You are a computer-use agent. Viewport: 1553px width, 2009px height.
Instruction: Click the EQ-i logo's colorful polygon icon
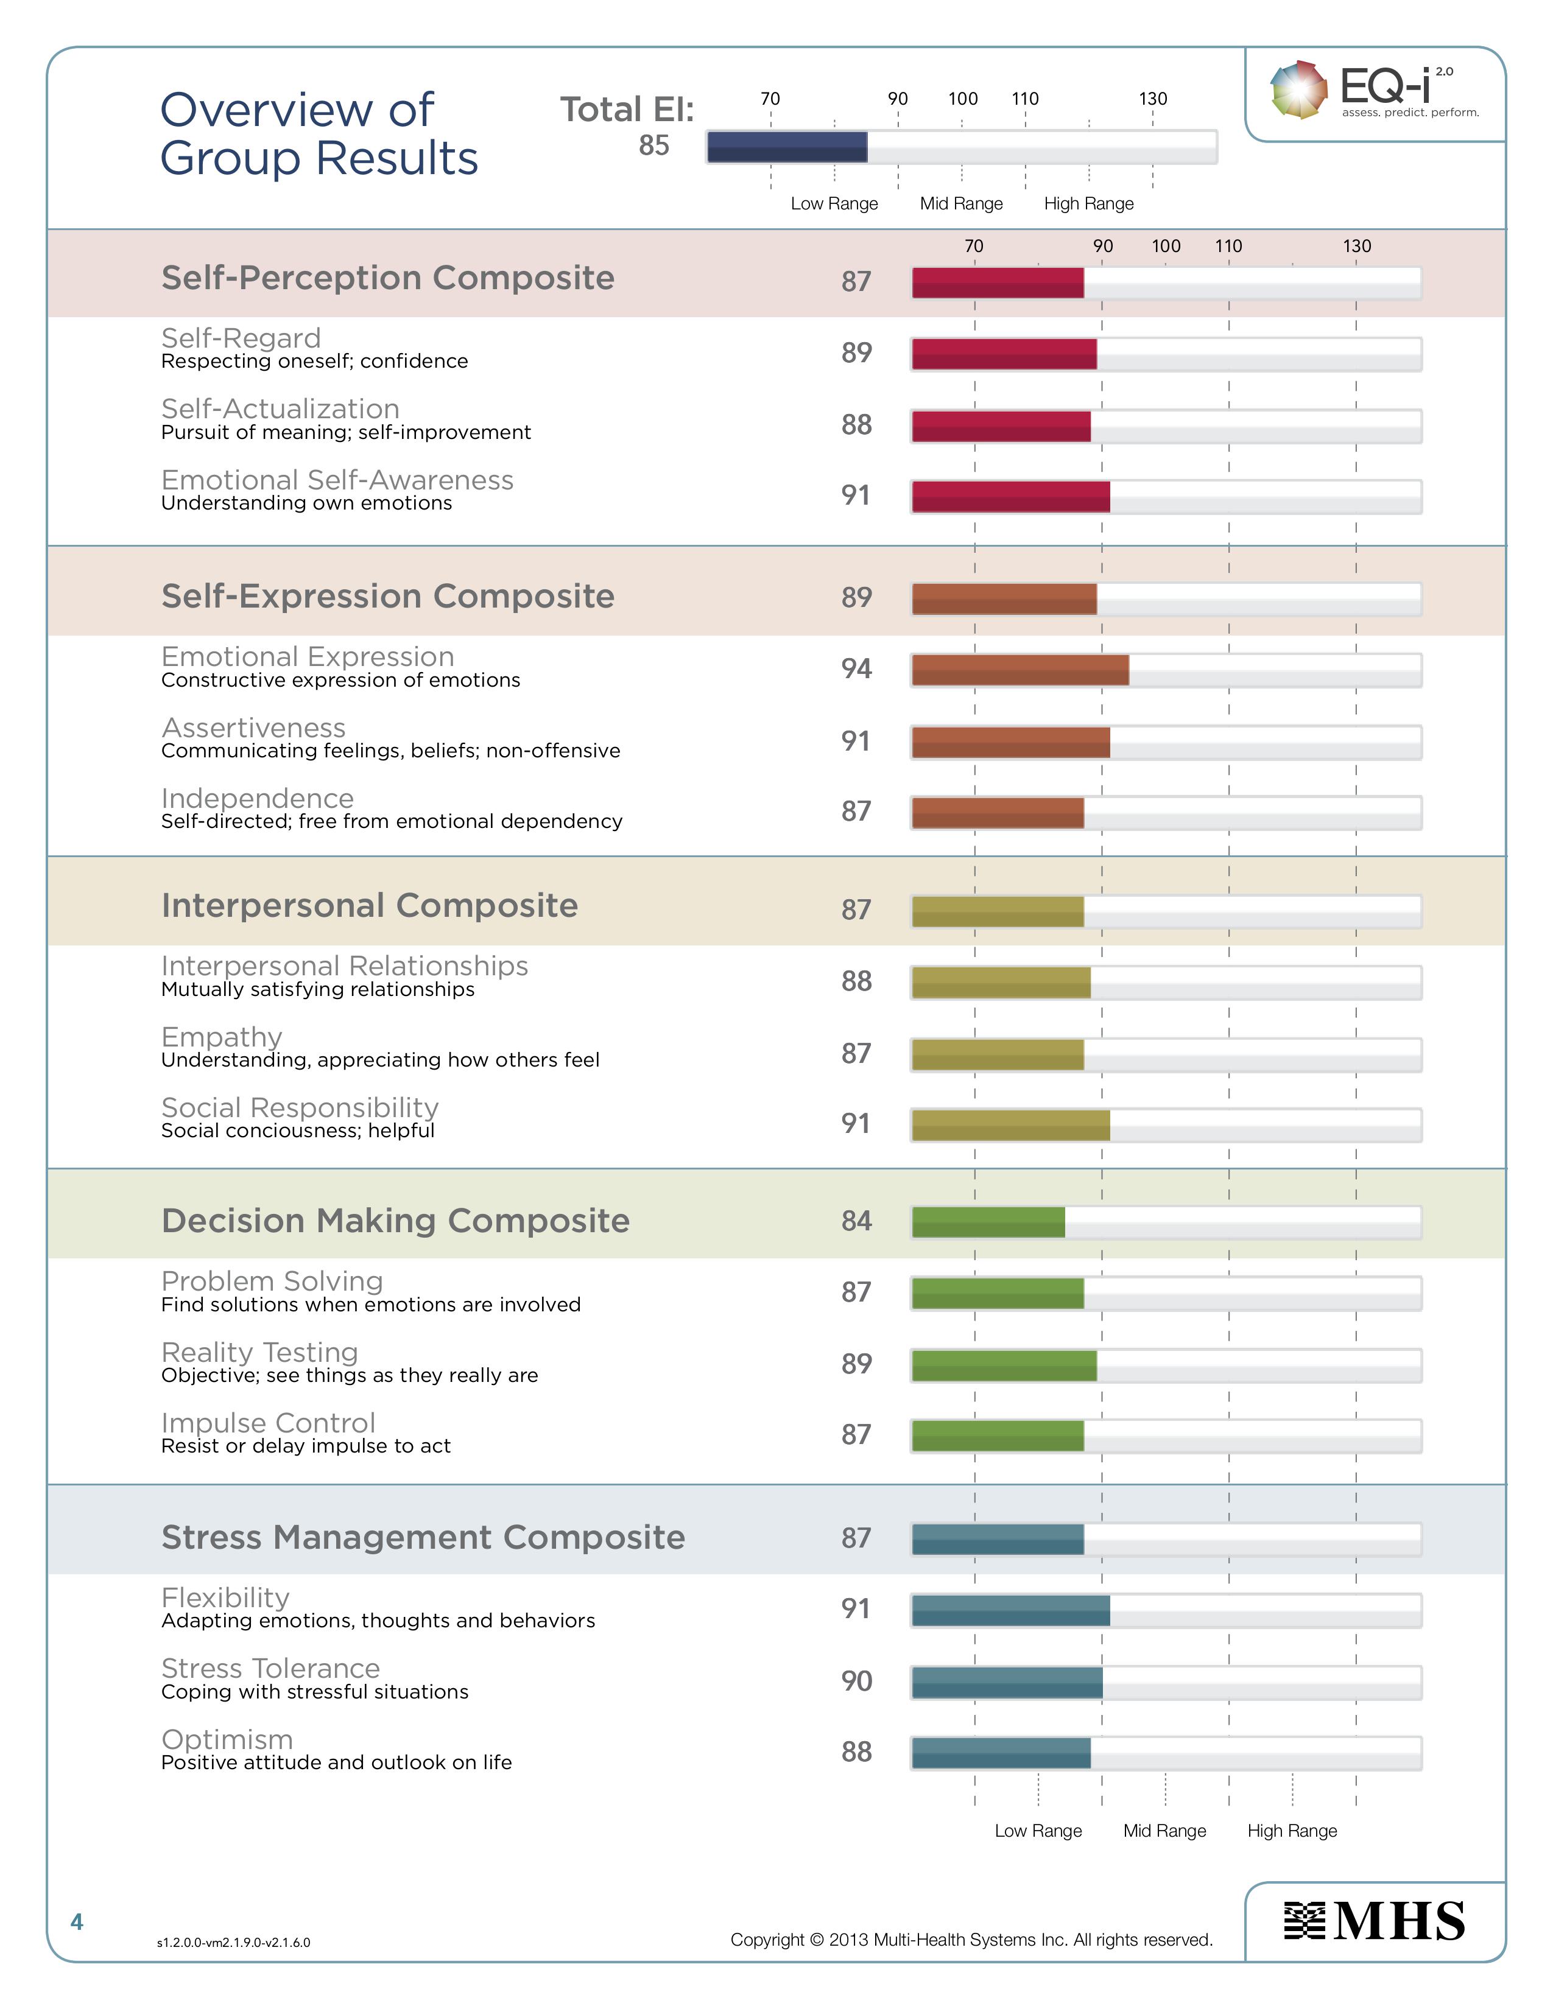[x=1298, y=89]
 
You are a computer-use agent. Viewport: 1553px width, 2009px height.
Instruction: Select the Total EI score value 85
[x=654, y=146]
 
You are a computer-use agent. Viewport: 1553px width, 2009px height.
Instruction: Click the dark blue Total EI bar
[x=787, y=147]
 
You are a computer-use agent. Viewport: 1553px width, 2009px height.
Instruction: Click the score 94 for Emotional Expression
[x=856, y=668]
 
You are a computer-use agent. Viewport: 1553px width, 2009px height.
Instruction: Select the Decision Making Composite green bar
[x=988, y=1222]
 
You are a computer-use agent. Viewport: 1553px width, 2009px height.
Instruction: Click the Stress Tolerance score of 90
[x=856, y=1681]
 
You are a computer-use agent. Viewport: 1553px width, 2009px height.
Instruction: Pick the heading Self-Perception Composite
[x=387, y=278]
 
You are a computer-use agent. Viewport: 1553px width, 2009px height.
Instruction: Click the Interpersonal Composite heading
[x=369, y=905]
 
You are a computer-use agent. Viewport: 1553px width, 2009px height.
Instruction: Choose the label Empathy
[x=222, y=1037]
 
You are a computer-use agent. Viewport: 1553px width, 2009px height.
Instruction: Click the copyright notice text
[x=971, y=1940]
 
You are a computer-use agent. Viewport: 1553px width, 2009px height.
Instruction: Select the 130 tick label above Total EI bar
[x=1153, y=99]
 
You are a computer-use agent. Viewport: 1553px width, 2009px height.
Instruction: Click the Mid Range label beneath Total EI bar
[x=962, y=203]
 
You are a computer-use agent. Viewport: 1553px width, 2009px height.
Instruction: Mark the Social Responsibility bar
[x=1010, y=1125]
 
